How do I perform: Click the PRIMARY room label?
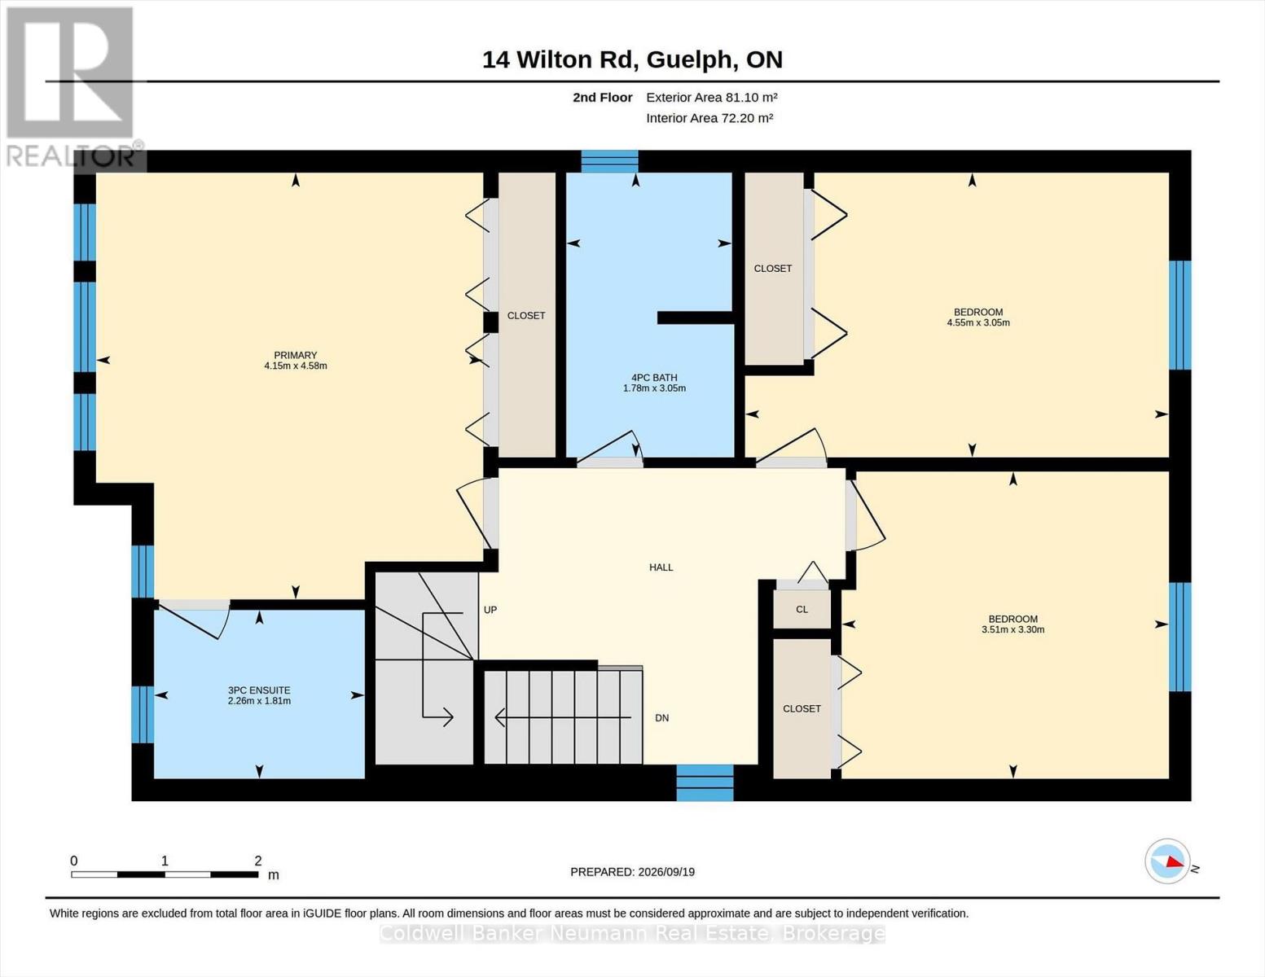[x=295, y=355]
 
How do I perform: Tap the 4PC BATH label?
[x=654, y=377]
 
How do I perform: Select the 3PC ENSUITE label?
[x=259, y=690]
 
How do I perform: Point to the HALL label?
[x=661, y=567]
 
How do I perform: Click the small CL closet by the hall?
[x=802, y=609]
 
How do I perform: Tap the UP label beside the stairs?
[x=490, y=610]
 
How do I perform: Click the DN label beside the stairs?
[x=662, y=718]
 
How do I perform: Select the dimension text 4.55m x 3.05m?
[x=978, y=322]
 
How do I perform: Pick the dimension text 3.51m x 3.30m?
[x=1013, y=629]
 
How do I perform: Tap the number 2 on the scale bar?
[x=258, y=861]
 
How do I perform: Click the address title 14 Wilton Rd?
[x=558, y=59]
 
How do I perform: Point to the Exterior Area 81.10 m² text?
[x=712, y=97]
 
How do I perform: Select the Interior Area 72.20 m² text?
[x=709, y=118]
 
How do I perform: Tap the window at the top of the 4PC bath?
[x=609, y=161]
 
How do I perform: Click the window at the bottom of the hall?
[x=705, y=782]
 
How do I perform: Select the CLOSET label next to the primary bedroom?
[x=526, y=315]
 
